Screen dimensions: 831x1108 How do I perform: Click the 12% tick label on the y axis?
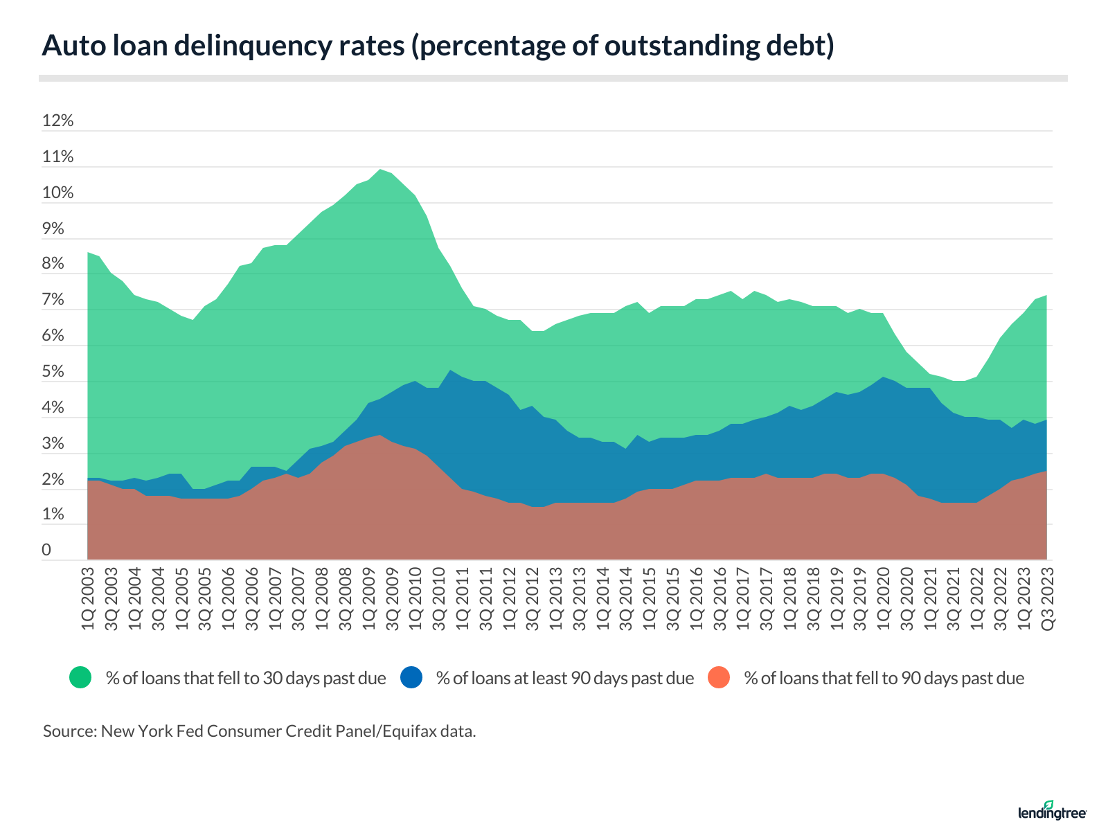[x=57, y=120]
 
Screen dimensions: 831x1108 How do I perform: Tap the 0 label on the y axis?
[x=46, y=550]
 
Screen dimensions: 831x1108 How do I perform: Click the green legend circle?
[x=80, y=677]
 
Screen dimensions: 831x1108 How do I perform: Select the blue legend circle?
[x=411, y=677]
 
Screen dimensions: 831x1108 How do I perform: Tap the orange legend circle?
[x=719, y=677]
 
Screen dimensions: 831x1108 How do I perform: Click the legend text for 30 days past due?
[x=246, y=678]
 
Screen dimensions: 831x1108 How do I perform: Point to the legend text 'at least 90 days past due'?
[x=565, y=678]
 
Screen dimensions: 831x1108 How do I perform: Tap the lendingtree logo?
[x=1052, y=811]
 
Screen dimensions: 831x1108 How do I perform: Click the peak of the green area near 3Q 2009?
[x=380, y=170]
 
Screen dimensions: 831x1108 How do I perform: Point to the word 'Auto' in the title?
[x=68, y=46]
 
